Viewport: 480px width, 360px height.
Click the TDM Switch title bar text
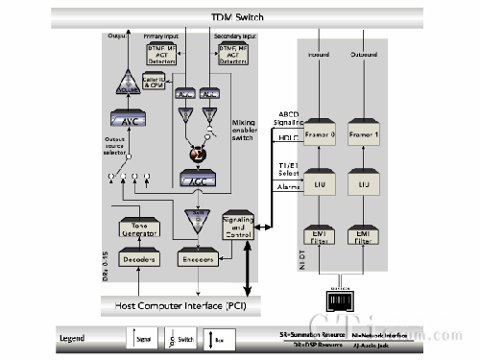pos(239,18)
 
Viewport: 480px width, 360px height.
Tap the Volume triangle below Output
pos(128,87)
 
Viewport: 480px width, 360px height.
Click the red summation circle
pos(198,154)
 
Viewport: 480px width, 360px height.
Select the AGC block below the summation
pos(198,179)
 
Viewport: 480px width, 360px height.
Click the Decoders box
pos(138,259)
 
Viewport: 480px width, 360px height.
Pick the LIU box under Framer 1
pos(365,182)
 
